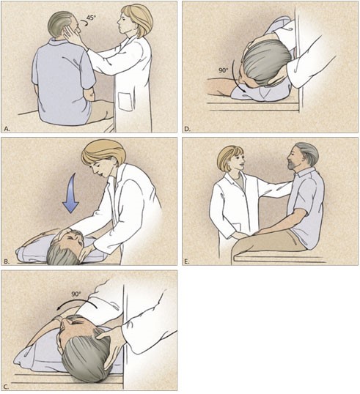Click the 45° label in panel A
click(x=92, y=18)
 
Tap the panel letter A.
click(x=7, y=129)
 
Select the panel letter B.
click(x=7, y=261)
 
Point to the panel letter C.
click(x=7, y=387)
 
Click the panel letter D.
click(x=187, y=129)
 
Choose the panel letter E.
click(x=186, y=261)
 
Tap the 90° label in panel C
click(x=76, y=294)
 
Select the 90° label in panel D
click(x=223, y=70)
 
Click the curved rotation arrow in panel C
click(x=76, y=300)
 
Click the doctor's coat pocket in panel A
click(x=125, y=102)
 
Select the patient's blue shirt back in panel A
click(x=63, y=81)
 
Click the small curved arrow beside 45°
click(x=84, y=23)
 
